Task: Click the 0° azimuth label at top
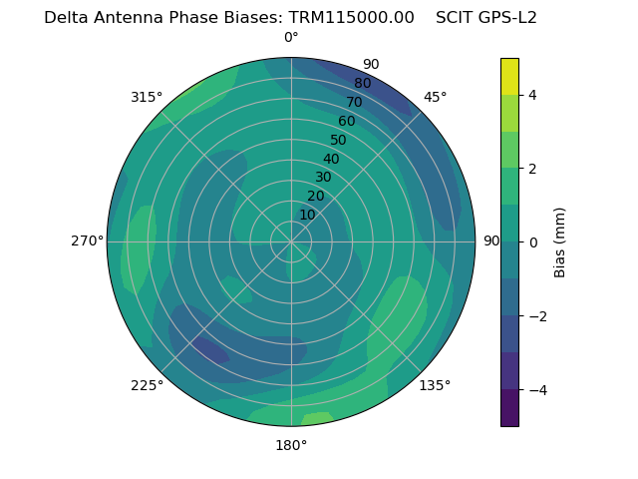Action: click(291, 38)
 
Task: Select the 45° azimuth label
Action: click(435, 97)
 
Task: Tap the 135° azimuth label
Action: click(435, 385)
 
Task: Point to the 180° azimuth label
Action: click(291, 445)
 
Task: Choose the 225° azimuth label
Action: click(147, 385)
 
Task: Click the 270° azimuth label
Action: click(87, 240)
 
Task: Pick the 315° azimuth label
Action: click(147, 97)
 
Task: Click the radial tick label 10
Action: click(307, 215)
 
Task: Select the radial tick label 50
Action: click(339, 140)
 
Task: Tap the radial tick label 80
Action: click(363, 84)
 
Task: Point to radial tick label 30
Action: click(323, 178)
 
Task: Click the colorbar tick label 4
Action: click(532, 95)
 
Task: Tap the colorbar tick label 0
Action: click(532, 242)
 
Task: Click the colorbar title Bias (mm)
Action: click(560, 242)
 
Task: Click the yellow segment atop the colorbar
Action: click(509, 77)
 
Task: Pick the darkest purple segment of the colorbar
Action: click(509, 407)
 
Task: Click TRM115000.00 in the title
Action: click(352, 18)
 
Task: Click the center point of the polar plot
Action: click(291, 241)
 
